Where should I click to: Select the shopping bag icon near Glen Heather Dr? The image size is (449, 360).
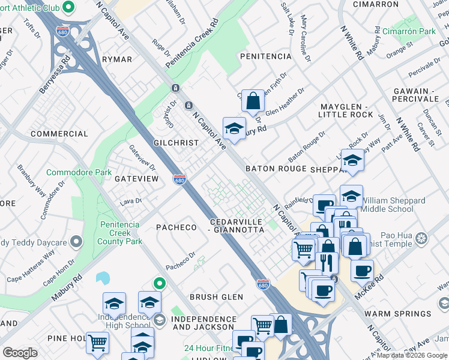[x=253, y=101]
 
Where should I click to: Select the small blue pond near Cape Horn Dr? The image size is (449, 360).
[x=103, y=278]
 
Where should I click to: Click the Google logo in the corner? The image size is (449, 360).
[x=20, y=353]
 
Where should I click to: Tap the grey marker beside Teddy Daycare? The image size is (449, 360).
[x=76, y=242]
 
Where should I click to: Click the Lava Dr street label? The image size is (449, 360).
[x=130, y=201]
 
